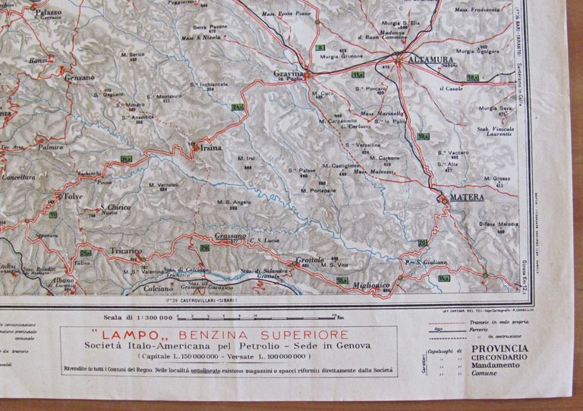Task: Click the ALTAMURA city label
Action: pos(430,58)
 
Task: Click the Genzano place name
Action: pos(80,77)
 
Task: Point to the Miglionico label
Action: pos(370,285)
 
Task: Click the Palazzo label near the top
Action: pos(47,12)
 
